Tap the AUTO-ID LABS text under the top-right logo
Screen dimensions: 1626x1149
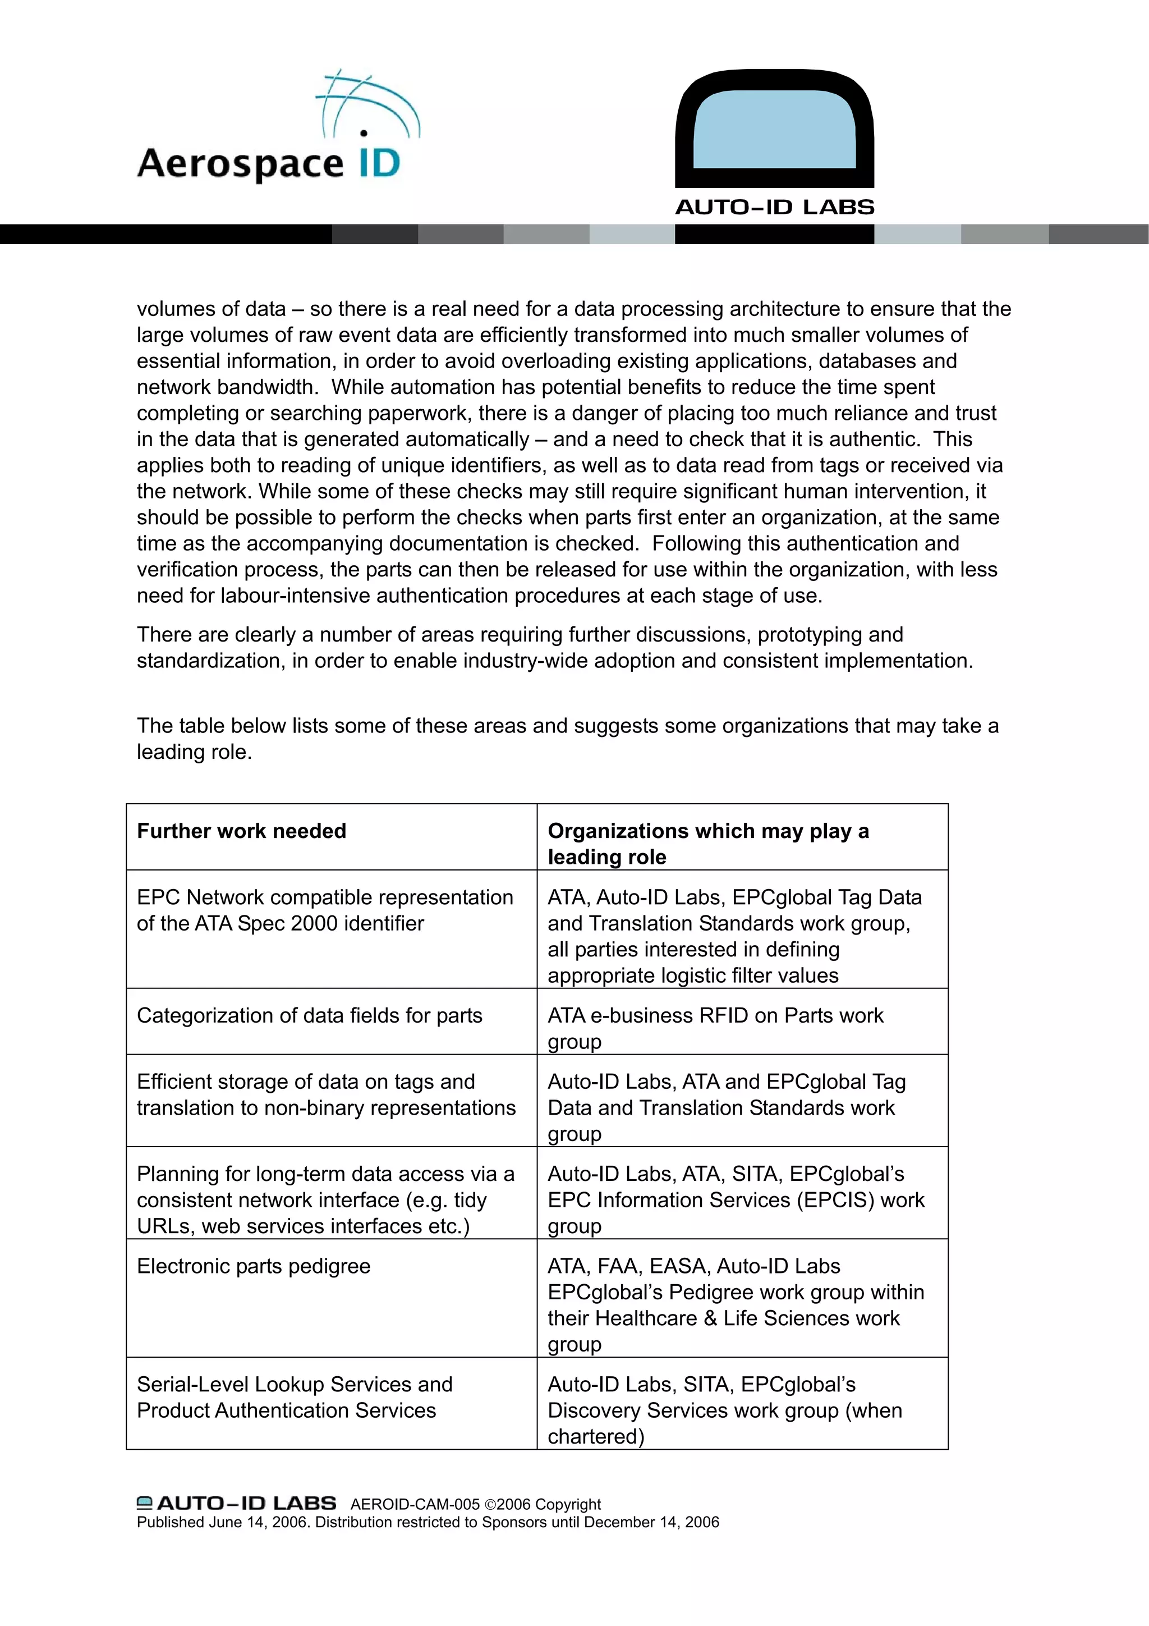click(x=774, y=208)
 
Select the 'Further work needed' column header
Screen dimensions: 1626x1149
click(x=241, y=831)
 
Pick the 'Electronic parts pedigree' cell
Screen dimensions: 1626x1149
click(x=254, y=1266)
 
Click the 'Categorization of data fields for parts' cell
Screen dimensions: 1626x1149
click(x=309, y=1015)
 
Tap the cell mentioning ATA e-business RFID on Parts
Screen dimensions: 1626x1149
click(x=715, y=1028)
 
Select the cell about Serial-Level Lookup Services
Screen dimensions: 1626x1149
click(x=295, y=1396)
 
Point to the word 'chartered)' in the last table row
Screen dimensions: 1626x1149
click(x=595, y=1436)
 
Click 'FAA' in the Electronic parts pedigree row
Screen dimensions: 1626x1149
click(x=619, y=1266)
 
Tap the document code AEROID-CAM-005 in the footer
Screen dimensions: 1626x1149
click(x=415, y=1504)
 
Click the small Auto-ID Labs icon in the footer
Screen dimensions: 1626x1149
click(x=144, y=1503)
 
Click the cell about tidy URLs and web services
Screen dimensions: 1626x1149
click(x=325, y=1199)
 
